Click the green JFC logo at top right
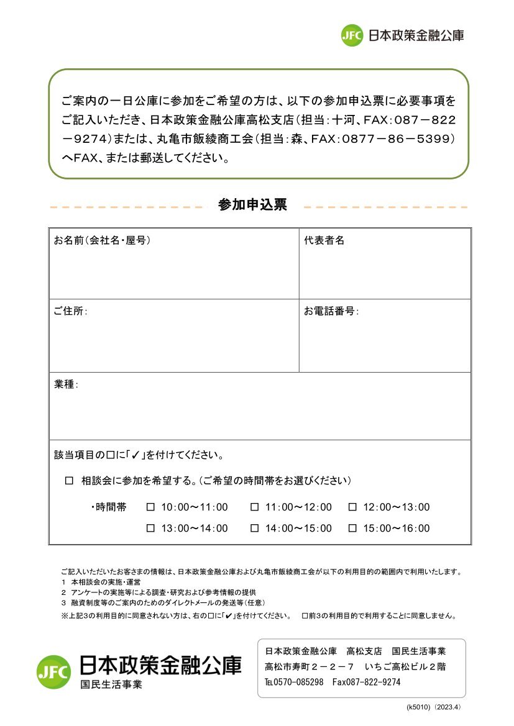click(x=351, y=35)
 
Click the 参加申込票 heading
click(x=252, y=205)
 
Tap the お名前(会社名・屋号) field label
click(x=102, y=240)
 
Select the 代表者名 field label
click(x=324, y=240)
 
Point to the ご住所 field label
click(x=70, y=311)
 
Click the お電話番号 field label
click(x=331, y=311)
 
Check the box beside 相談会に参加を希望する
click(x=70, y=481)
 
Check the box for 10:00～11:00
click(x=150, y=507)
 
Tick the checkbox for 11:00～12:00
click(x=254, y=507)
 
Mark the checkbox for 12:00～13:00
click(x=352, y=507)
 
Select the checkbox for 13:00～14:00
click(x=150, y=529)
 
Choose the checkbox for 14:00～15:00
click(x=254, y=529)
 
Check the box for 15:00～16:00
click(x=352, y=529)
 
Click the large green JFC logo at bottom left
click(x=54, y=671)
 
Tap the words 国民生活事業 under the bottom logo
click(x=111, y=685)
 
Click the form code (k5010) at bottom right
click(x=418, y=707)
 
